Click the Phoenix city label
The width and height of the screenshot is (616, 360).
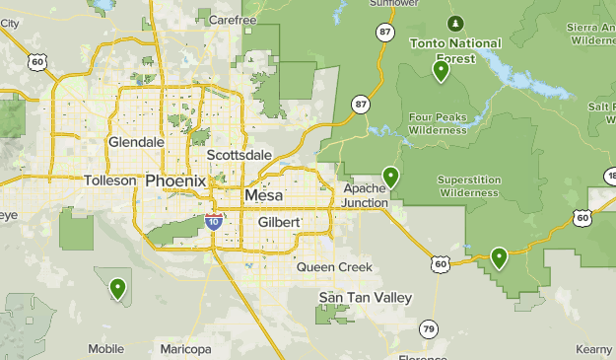click(x=175, y=180)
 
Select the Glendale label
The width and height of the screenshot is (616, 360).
click(x=137, y=142)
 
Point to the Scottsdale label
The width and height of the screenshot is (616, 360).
click(x=240, y=156)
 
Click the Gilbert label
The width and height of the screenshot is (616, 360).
click(x=279, y=223)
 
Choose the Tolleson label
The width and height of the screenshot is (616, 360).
click(x=110, y=180)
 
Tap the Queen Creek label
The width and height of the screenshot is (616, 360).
click(x=334, y=267)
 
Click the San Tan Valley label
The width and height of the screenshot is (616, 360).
click(x=366, y=298)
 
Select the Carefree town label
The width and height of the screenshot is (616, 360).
click(x=236, y=19)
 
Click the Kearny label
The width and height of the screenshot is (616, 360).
click(x=594, y=349)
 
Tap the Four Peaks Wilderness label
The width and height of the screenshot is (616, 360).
click(x=438, y=123)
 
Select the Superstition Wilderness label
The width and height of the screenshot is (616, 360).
click(x=469, y=186)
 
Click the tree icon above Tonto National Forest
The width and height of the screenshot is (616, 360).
click(x=454, y=23)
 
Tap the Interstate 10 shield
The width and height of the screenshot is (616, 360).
click(x=214, y=221)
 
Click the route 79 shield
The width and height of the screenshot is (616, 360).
click(x=427, y=328)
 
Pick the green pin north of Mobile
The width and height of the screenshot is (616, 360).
click(x=118, y=289)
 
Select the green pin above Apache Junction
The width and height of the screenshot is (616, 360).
click(x=391, y=178)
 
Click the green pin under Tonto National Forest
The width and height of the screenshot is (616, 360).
click(x=441, y=70)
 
